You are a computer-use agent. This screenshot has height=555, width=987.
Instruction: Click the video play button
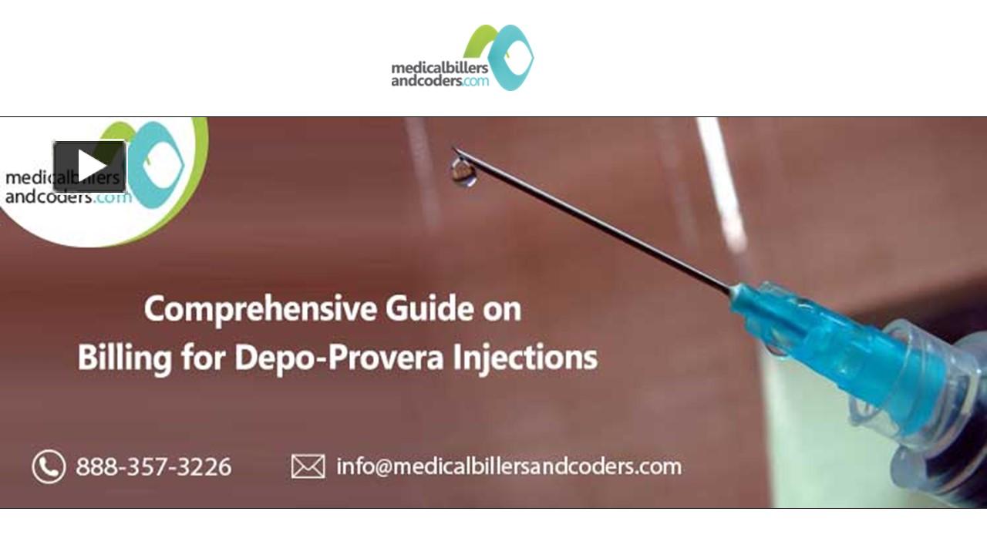pos(89,166)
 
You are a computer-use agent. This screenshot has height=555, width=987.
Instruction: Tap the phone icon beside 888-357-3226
pos(49,466)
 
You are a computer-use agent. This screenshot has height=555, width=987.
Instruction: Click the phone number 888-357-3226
pos(153,466)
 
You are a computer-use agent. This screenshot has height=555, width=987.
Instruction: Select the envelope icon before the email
pos(308,466)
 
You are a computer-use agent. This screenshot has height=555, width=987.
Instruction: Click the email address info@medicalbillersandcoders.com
pos(509,466)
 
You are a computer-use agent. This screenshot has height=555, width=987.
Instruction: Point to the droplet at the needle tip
pos(463,172)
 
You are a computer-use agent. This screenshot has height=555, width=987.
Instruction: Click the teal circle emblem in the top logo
pos(510,58)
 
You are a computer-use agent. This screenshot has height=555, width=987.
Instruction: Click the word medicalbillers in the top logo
pos(439,69)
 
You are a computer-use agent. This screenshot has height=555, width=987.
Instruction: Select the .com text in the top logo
pos(476,80)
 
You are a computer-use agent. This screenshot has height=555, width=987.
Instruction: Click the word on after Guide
pos(502,309)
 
